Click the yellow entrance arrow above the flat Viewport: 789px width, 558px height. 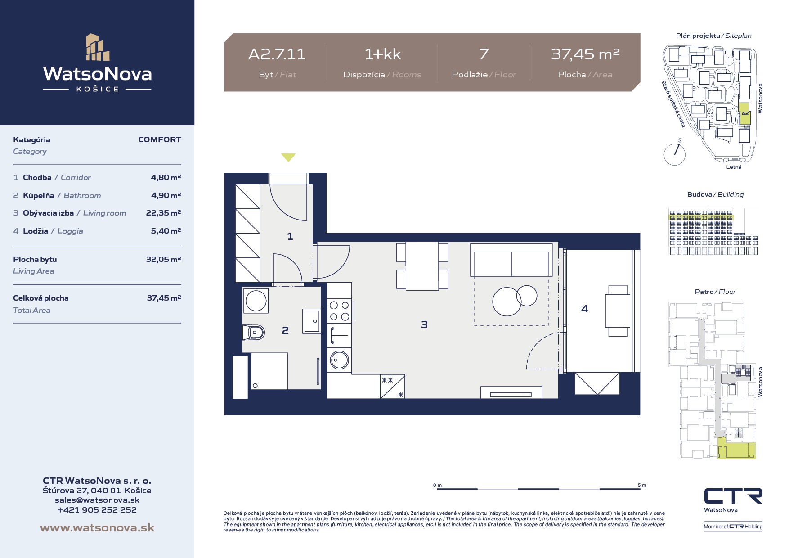coord(288,157)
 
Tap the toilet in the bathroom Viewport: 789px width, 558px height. coord(253,333)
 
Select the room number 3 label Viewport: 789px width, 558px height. coord(424,324)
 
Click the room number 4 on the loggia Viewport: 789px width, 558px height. coord(584,309)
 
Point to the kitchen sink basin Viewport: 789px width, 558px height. coord(340,360)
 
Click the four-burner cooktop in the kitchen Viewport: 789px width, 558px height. coord(340,311)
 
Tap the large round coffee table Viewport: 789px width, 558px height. coord(507,301)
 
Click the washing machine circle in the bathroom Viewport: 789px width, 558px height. coord(256,301)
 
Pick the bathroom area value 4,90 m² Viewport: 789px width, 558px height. coord(166,195)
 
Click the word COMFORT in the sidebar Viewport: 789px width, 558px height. coord(160,139)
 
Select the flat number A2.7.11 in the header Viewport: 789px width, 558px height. coord(277,54)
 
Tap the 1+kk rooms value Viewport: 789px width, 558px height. coord(382,54)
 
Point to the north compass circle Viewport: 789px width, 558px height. coord(674,155)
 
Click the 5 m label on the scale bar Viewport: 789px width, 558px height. coord(642,485)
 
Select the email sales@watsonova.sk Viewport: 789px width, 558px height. coord(97,500)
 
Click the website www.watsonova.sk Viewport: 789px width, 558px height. coord(97,527)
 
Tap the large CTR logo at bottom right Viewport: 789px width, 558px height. coord(733,496)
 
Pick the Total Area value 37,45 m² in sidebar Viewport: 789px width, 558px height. coord(164,298)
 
